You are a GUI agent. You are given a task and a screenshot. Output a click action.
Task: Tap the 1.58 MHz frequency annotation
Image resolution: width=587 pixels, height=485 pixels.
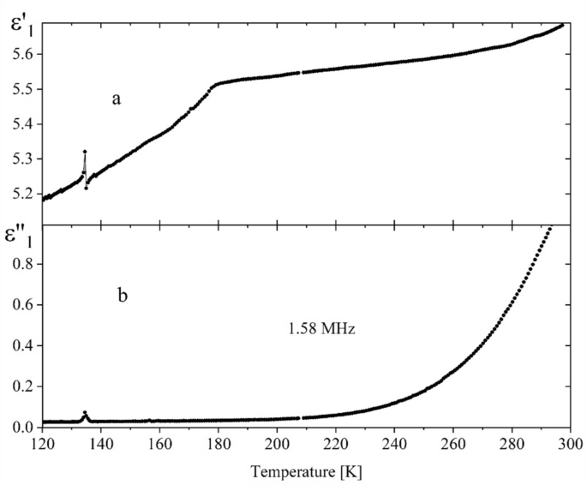(315, 326)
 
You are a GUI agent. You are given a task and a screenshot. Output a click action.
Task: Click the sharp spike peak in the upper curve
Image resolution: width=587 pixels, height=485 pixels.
(85, 152)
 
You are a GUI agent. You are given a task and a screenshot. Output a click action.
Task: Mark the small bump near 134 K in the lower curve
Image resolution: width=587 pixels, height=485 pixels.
(85, 413)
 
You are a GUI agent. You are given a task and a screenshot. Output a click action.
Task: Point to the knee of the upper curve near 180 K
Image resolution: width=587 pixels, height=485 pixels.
(216, 84)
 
